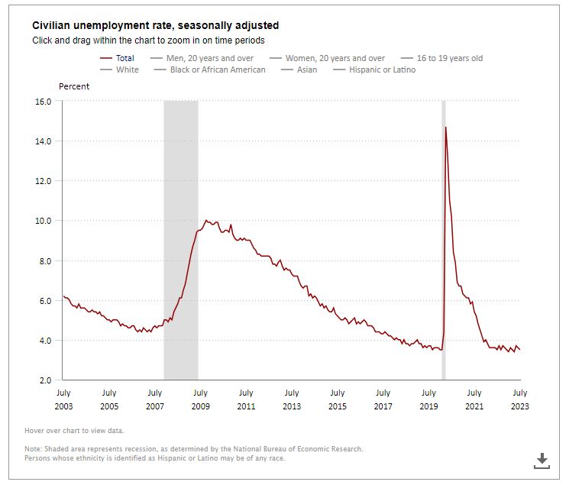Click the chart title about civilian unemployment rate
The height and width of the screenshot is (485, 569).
(155, 25)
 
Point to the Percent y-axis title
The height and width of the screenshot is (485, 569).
(74, 86)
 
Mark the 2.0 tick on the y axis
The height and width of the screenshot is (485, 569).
(44, 380)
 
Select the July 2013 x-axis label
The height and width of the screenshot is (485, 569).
(291, 399)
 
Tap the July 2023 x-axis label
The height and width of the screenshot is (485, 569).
(519, 399)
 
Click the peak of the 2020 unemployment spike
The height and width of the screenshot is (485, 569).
(445, 128)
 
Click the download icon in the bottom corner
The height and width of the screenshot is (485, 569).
(542, 460)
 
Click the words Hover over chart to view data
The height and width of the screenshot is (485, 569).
(73, 431)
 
